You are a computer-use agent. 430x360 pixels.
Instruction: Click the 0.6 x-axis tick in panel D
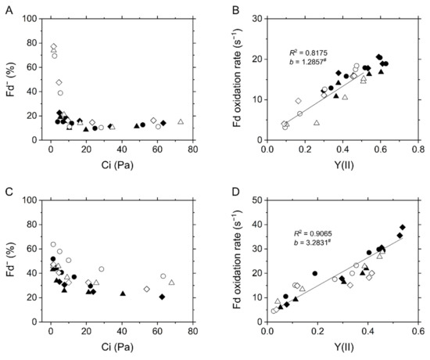point(417,332)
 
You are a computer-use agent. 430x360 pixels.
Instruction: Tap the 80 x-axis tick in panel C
point(192,332)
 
